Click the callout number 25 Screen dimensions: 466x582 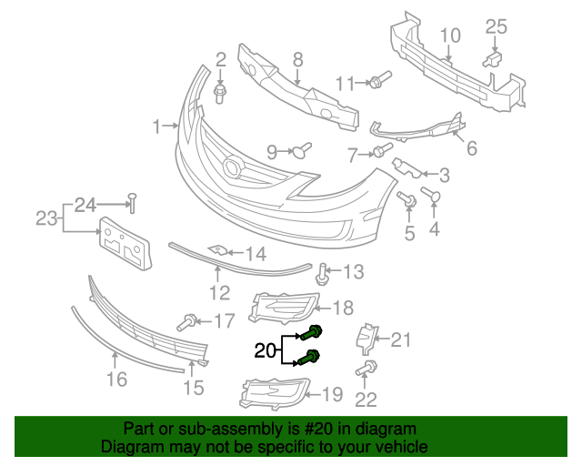(495, 26)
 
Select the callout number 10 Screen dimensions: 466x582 (451, 36)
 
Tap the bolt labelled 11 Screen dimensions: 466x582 (379, 81)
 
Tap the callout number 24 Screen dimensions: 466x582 (85, 204)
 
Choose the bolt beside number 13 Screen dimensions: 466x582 (323, 270)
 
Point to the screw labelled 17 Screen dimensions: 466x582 (190, 320)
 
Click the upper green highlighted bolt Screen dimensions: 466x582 (316, 333)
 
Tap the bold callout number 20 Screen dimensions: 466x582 (265, 349)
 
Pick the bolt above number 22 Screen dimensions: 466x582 (366, 368)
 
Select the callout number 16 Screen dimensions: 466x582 (116, 378)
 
